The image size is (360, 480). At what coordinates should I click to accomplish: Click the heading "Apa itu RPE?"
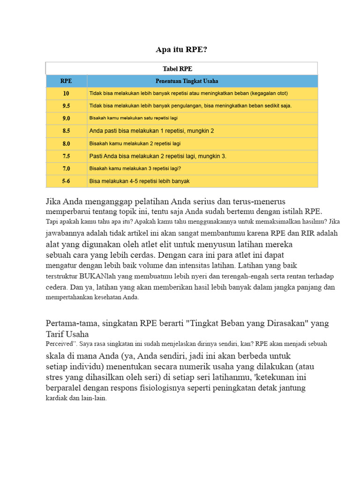click(180, 49)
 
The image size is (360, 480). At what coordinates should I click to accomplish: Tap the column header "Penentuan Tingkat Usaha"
click(187, 81)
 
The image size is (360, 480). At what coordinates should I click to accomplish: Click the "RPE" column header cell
click(66, 81)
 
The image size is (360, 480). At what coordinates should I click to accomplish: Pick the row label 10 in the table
click(66, 93)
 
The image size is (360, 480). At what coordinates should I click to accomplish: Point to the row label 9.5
click(66, 106)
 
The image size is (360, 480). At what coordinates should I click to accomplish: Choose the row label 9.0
click(66, 119)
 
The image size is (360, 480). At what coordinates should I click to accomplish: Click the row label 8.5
click(66, 131)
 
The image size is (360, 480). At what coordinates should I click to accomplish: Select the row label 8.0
click(66, 144)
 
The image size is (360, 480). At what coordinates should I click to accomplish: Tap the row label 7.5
click(66, 156)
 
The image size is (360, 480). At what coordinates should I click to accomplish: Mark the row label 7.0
click(66, 169)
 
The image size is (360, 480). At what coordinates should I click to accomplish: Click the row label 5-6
click(66, 181)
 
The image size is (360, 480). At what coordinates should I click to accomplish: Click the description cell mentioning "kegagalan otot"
click(188, 93)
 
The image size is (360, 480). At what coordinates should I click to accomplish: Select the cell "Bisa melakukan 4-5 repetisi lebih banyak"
click(139, 181)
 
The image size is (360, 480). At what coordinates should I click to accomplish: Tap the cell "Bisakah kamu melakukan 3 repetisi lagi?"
click(135, 169)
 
